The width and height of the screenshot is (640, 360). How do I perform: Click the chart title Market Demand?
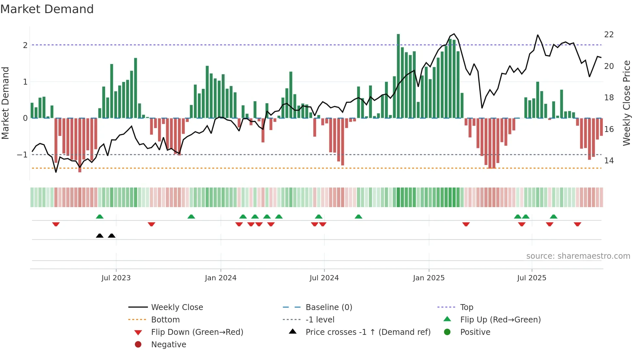tap(47, 9)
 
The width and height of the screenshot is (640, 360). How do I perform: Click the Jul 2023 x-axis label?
tap(116, 278)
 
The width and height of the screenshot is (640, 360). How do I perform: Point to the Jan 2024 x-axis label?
tap(220, 278)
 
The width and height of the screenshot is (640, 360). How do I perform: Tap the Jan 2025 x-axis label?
tap(428, 278)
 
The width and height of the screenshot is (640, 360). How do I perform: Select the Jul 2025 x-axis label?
tap(532, 278)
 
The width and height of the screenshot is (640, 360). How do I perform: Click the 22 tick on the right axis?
tap(609, 35)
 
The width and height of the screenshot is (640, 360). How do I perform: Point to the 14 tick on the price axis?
tap(609, 161)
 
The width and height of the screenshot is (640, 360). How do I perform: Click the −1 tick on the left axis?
tap(22, 155)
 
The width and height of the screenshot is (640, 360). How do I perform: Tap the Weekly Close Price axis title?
tap(626, 103)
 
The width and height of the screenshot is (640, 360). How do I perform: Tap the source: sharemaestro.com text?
tap(578, 256)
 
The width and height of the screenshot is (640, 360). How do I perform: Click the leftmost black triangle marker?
tap(100, 236)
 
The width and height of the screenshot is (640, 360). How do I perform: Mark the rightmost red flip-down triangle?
tap(577, 224)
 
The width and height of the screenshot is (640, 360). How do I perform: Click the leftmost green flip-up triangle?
tap(100, 217)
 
